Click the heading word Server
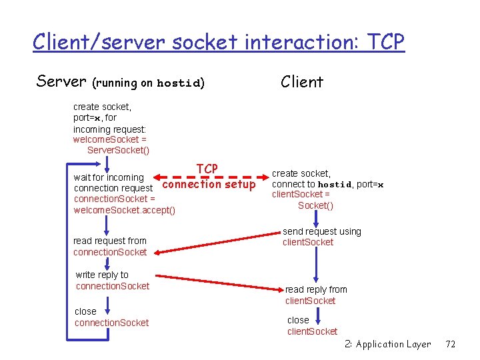[x=61, y=81]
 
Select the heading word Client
[x=301, y=82]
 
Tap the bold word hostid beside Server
[x=178, y=84]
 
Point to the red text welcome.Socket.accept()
[x=124, y=211]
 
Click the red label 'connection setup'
[x=209, y=184]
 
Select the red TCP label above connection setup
[x=207, y=169]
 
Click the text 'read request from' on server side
[x=109, y=241]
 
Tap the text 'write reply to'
[x=102, y=275]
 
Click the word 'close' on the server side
[x=85, y=311]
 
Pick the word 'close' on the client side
[x=298, y=320]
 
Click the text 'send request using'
[x=321, y=231]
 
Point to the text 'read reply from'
[x=316, y=289]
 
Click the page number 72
[x=450, y=344]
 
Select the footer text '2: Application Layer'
[x=387, y=344]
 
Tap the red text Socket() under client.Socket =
[x=315, y=205]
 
